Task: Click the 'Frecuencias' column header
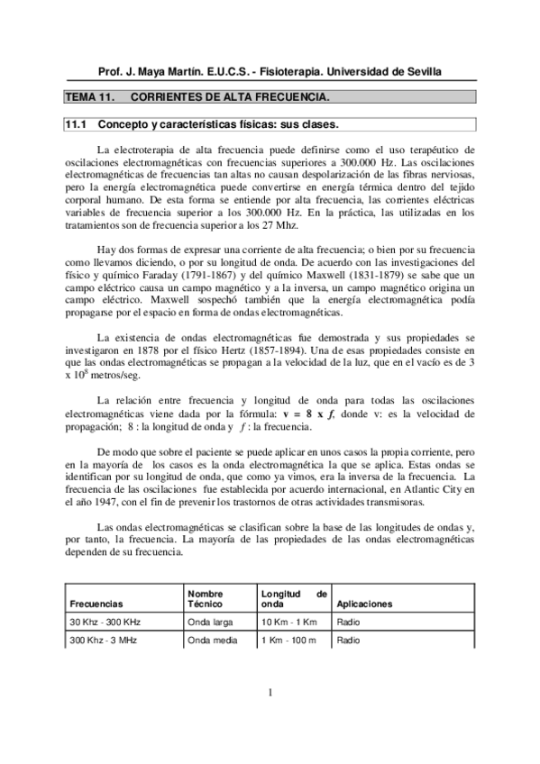tap(96, 604)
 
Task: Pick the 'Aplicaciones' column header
tap(363, 604)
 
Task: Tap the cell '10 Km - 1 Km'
tap(289, 623)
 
